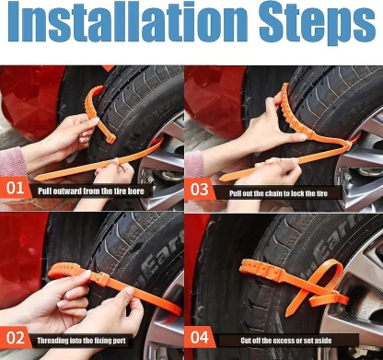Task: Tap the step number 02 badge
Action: [16, 337]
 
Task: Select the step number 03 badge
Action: [200, 191]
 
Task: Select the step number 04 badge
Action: [200, 337]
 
